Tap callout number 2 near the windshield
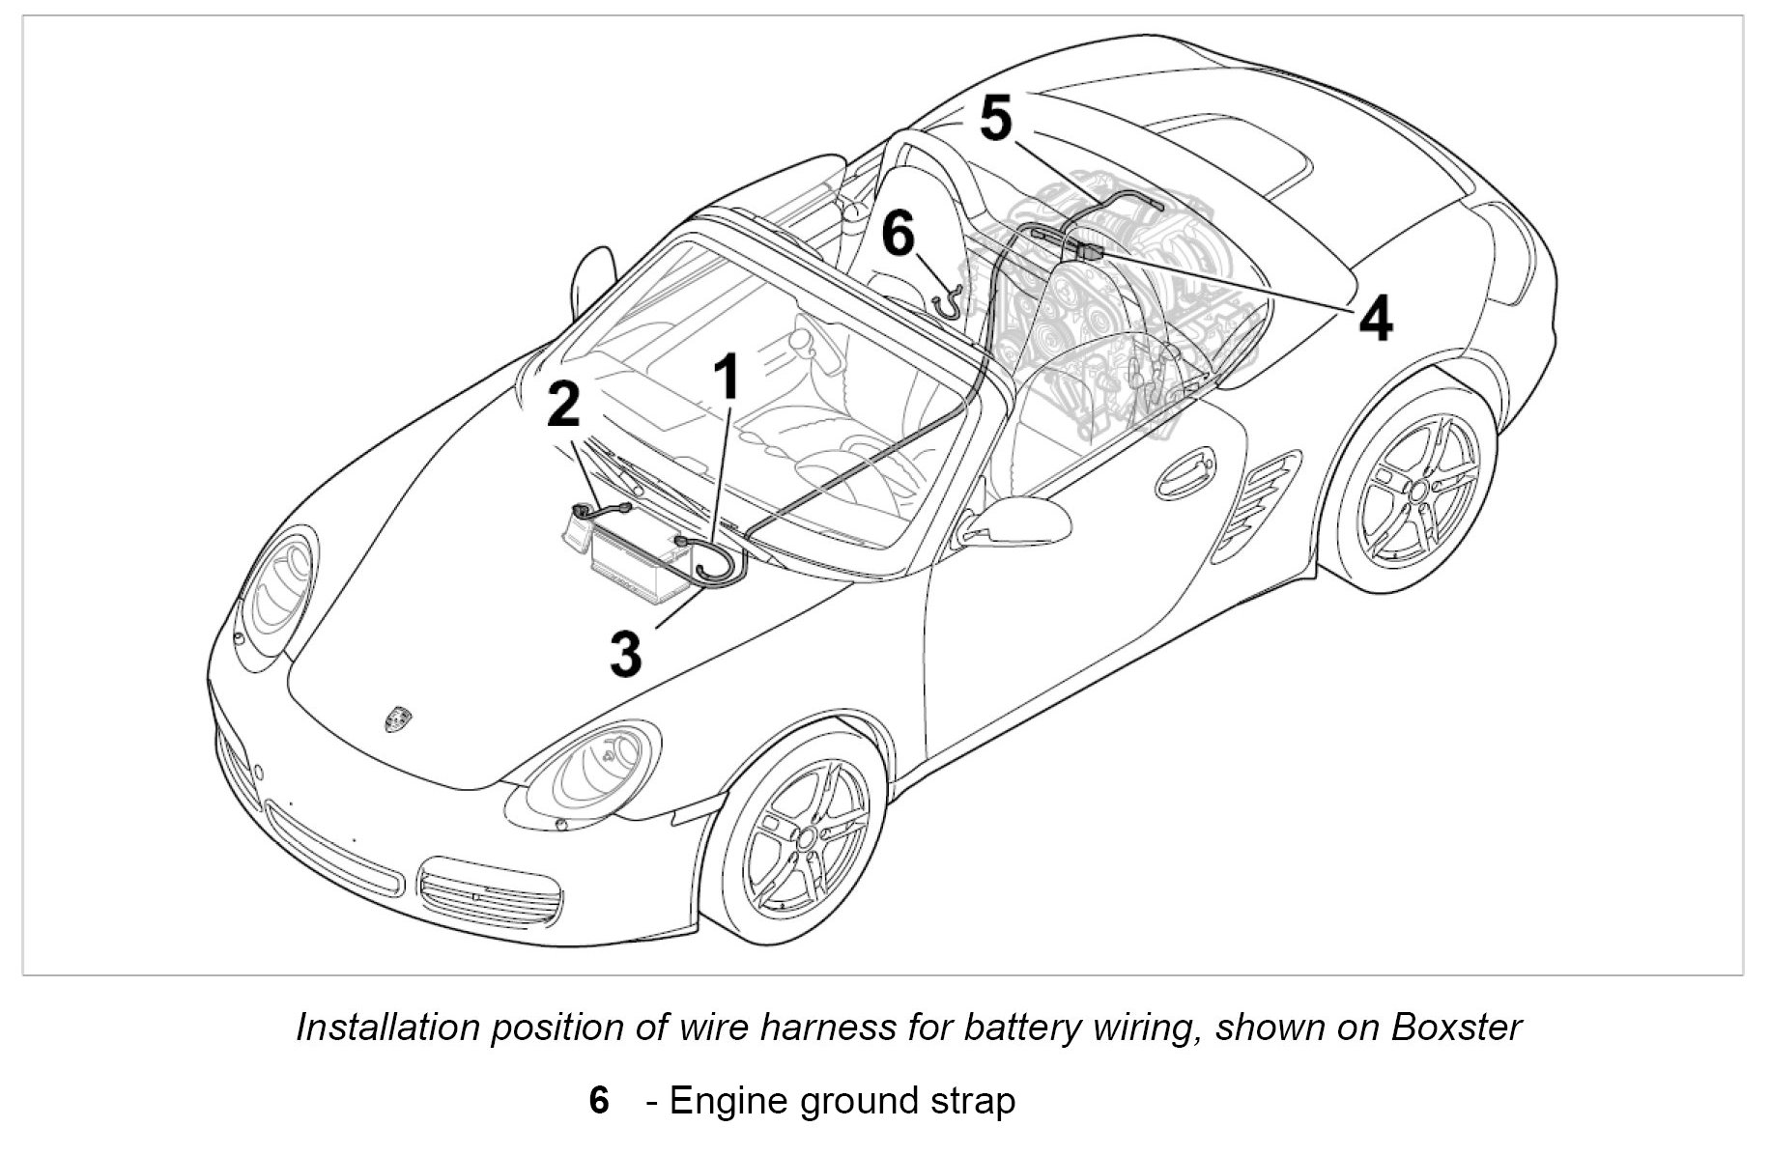click(563, 404)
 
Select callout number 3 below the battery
click(625, 654)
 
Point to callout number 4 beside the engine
click(1376, 318)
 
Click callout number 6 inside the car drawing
click(898, 235)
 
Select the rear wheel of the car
click(1417, 491)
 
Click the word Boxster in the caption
click(1456, 1027)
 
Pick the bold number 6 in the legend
click(599, 1101)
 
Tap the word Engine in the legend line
click(730, 1101)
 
